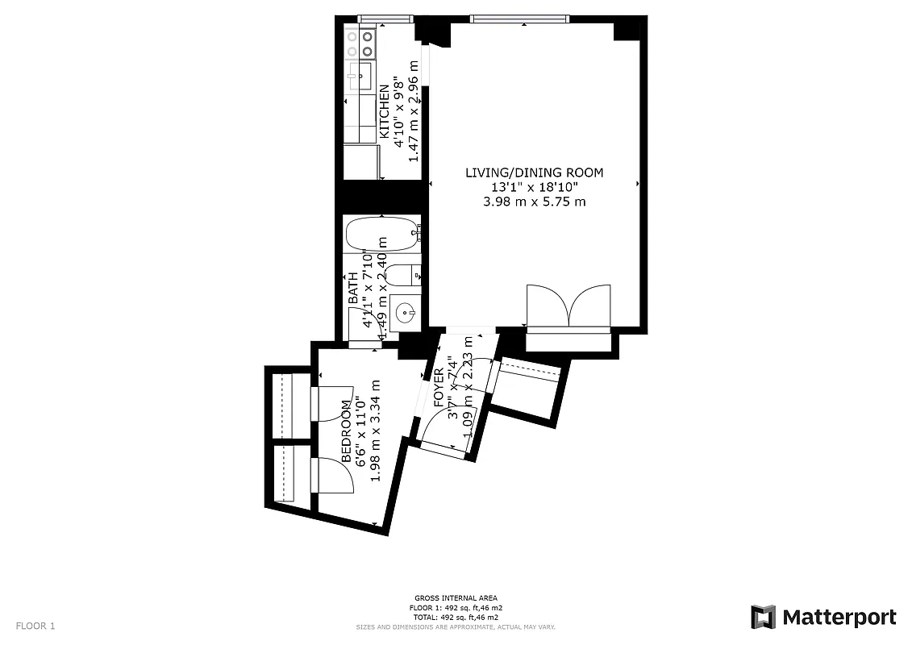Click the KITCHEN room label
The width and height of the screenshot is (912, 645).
385,102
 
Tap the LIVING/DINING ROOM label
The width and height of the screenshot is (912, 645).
534,173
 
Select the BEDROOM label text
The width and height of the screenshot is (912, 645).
347,431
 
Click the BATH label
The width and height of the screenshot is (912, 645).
353,288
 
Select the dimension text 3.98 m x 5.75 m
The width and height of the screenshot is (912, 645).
534,202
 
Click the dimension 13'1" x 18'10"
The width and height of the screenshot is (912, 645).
534,187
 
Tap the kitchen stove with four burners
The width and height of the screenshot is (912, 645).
360,43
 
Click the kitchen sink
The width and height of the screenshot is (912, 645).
360,77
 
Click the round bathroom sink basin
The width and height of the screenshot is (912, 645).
406,312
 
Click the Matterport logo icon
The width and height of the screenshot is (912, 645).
763,618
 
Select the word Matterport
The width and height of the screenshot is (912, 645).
839,618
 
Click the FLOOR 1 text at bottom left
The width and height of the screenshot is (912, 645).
35,626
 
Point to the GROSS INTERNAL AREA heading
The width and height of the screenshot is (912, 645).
456,598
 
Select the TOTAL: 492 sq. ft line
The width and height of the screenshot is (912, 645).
456,616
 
